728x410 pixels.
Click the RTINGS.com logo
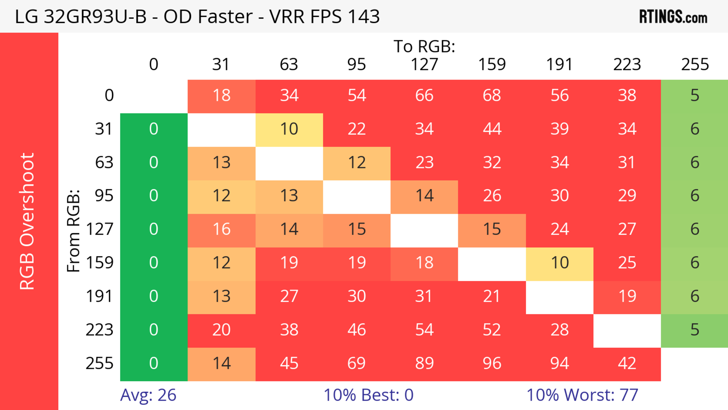(673, 16)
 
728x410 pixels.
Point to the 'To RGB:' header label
(424, 46)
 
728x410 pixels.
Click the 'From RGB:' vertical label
(74, 231)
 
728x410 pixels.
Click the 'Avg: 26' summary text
(148, 395)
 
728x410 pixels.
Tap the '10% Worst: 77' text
(582, 395)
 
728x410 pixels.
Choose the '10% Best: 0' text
(368, 395)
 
